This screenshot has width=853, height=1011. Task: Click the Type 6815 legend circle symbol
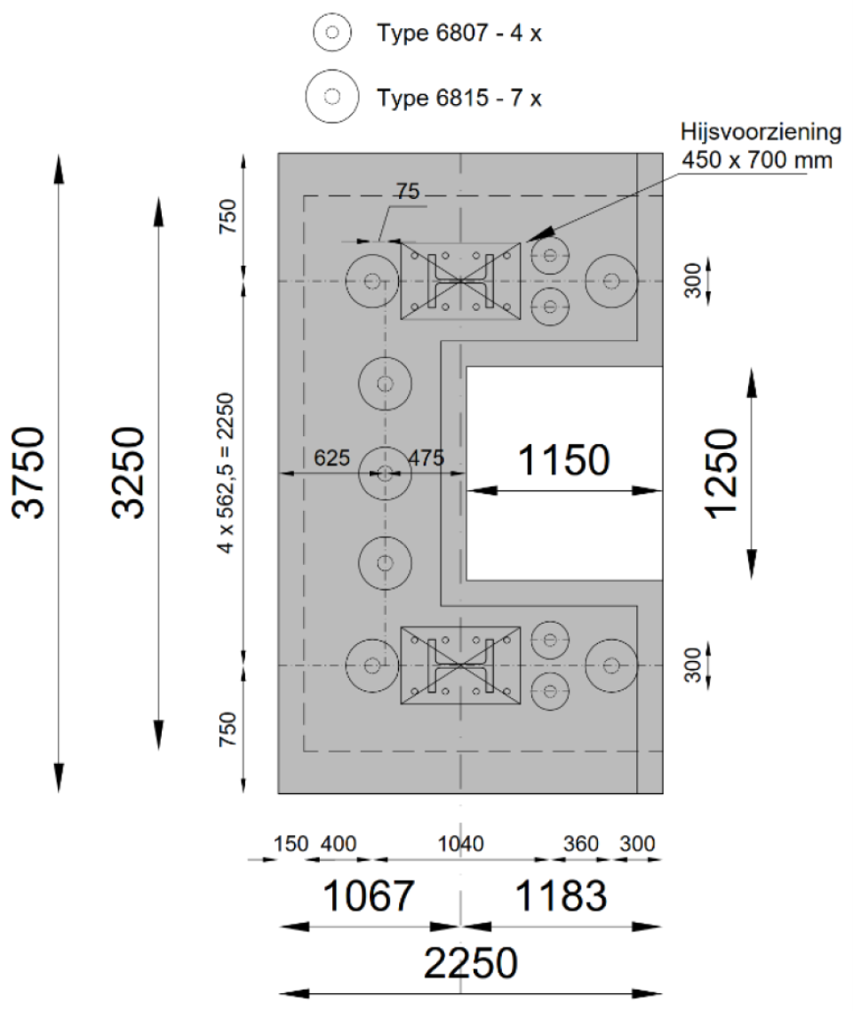coord(332,96)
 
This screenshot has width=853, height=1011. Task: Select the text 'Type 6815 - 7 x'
coord(459,96)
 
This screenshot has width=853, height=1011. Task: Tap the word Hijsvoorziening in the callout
coord(757,133)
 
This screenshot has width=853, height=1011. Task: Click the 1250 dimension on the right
coord(721,472)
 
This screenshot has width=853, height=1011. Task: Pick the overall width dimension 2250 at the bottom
coord(471,963)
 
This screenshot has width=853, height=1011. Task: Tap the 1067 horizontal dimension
coord(369,897)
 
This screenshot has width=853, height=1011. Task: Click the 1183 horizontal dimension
coord(562,897)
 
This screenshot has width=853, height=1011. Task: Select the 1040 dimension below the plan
coord(460,843)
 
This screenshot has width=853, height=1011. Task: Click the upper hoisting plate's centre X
coord(459,281)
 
